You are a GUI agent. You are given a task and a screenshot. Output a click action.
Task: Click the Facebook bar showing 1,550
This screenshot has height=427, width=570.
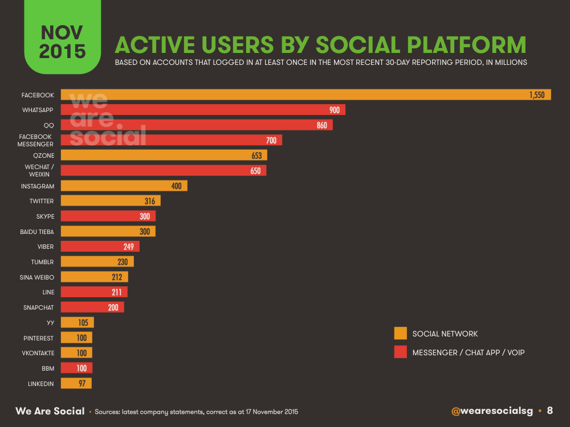(306, 95)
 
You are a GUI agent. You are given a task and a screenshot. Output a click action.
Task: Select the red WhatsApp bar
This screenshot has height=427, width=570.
(203, 110)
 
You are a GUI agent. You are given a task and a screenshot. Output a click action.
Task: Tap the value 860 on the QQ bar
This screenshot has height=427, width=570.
(321, 125)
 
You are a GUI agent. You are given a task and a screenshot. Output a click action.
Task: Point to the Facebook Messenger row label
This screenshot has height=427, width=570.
(35, 141)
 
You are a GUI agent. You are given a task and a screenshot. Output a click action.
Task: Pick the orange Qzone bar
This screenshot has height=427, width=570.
(164, 155)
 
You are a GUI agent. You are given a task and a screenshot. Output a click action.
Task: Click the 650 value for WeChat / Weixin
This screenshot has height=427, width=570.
(255, 171)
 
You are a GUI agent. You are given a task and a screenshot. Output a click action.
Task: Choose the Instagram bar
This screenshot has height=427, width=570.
(124, 186)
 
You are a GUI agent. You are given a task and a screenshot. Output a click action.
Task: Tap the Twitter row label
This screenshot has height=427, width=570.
(42, 201)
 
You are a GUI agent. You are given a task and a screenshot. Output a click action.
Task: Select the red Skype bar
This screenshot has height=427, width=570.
(108, 216)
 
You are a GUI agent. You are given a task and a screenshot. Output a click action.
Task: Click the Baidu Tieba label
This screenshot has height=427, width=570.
(36, 232)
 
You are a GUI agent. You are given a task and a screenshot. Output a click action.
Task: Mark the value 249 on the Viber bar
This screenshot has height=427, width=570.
(129, 247)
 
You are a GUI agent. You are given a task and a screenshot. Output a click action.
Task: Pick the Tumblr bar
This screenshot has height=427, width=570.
(97, 261)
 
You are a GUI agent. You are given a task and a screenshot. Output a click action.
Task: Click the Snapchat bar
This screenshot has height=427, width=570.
(92, 307)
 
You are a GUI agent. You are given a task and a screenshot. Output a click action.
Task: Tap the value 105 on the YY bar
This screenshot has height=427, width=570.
(83, 323)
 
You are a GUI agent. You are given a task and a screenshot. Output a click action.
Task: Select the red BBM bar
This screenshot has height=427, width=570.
(76, 368)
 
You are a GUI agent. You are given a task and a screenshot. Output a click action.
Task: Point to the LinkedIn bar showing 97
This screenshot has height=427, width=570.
(76, 383)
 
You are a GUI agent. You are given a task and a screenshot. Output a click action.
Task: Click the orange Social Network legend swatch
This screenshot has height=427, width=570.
(401, 333)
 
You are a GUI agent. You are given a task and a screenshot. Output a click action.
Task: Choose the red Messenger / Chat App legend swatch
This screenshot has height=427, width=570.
(401, 352)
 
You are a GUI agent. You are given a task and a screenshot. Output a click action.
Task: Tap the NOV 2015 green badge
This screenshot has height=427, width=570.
(63, 36)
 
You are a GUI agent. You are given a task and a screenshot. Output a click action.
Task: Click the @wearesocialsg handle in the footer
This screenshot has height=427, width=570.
(492, 411)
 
